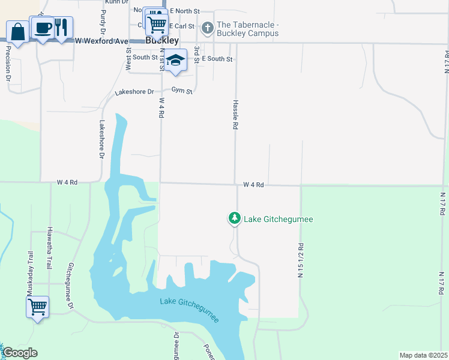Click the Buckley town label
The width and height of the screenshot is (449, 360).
coord(162,41)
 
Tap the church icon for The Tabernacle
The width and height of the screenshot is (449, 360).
coord(207,28)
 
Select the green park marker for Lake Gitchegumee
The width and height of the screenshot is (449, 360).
coord(234,218)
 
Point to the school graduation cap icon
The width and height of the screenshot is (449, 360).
coord(176,61)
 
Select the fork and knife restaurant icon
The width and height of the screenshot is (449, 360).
coord(61,27)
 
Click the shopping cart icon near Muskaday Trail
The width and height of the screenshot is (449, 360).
coord(37,307)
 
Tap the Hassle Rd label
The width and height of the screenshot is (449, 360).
coord(236,115)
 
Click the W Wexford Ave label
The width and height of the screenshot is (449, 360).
coord(102,41)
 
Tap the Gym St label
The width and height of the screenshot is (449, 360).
coord(182,91)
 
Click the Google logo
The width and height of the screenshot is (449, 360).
coord(20,353)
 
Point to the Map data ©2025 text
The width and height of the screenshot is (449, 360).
coord(423,355)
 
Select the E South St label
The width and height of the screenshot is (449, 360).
coord(217,59)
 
